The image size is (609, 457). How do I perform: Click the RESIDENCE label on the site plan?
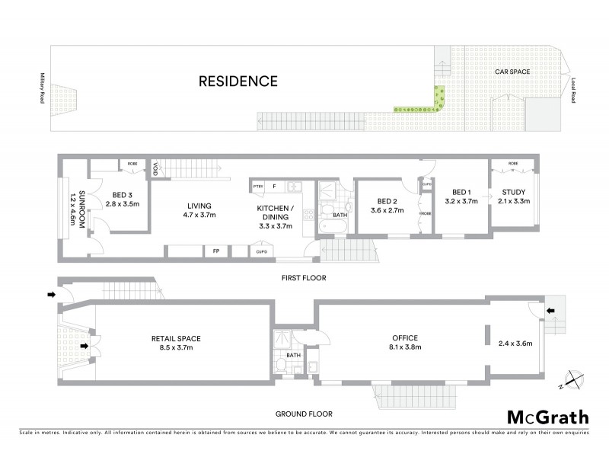pyautogui.click(x=238, y=81)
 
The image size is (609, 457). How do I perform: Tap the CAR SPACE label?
pyautogui.click(x=512, y=71)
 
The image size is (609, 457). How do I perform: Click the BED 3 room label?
pyautogui.click(x=123, y=194)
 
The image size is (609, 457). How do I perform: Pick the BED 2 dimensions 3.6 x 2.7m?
pyautogui.click(x=387, y=210)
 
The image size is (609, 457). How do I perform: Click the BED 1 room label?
pyautogui.click(x=464, y=192)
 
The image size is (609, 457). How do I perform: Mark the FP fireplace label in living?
pyautogui.click(x=215, y=250)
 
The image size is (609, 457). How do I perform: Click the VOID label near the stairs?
pyautogui.click(x=155, y=169)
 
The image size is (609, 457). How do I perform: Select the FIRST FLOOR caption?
pyautogui.click(x=304, y=278)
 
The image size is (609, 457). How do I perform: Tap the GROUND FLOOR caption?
pyautogui.click(x=304, y=414)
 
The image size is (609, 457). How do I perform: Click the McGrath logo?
pyautogui.click(x=547, y=417)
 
